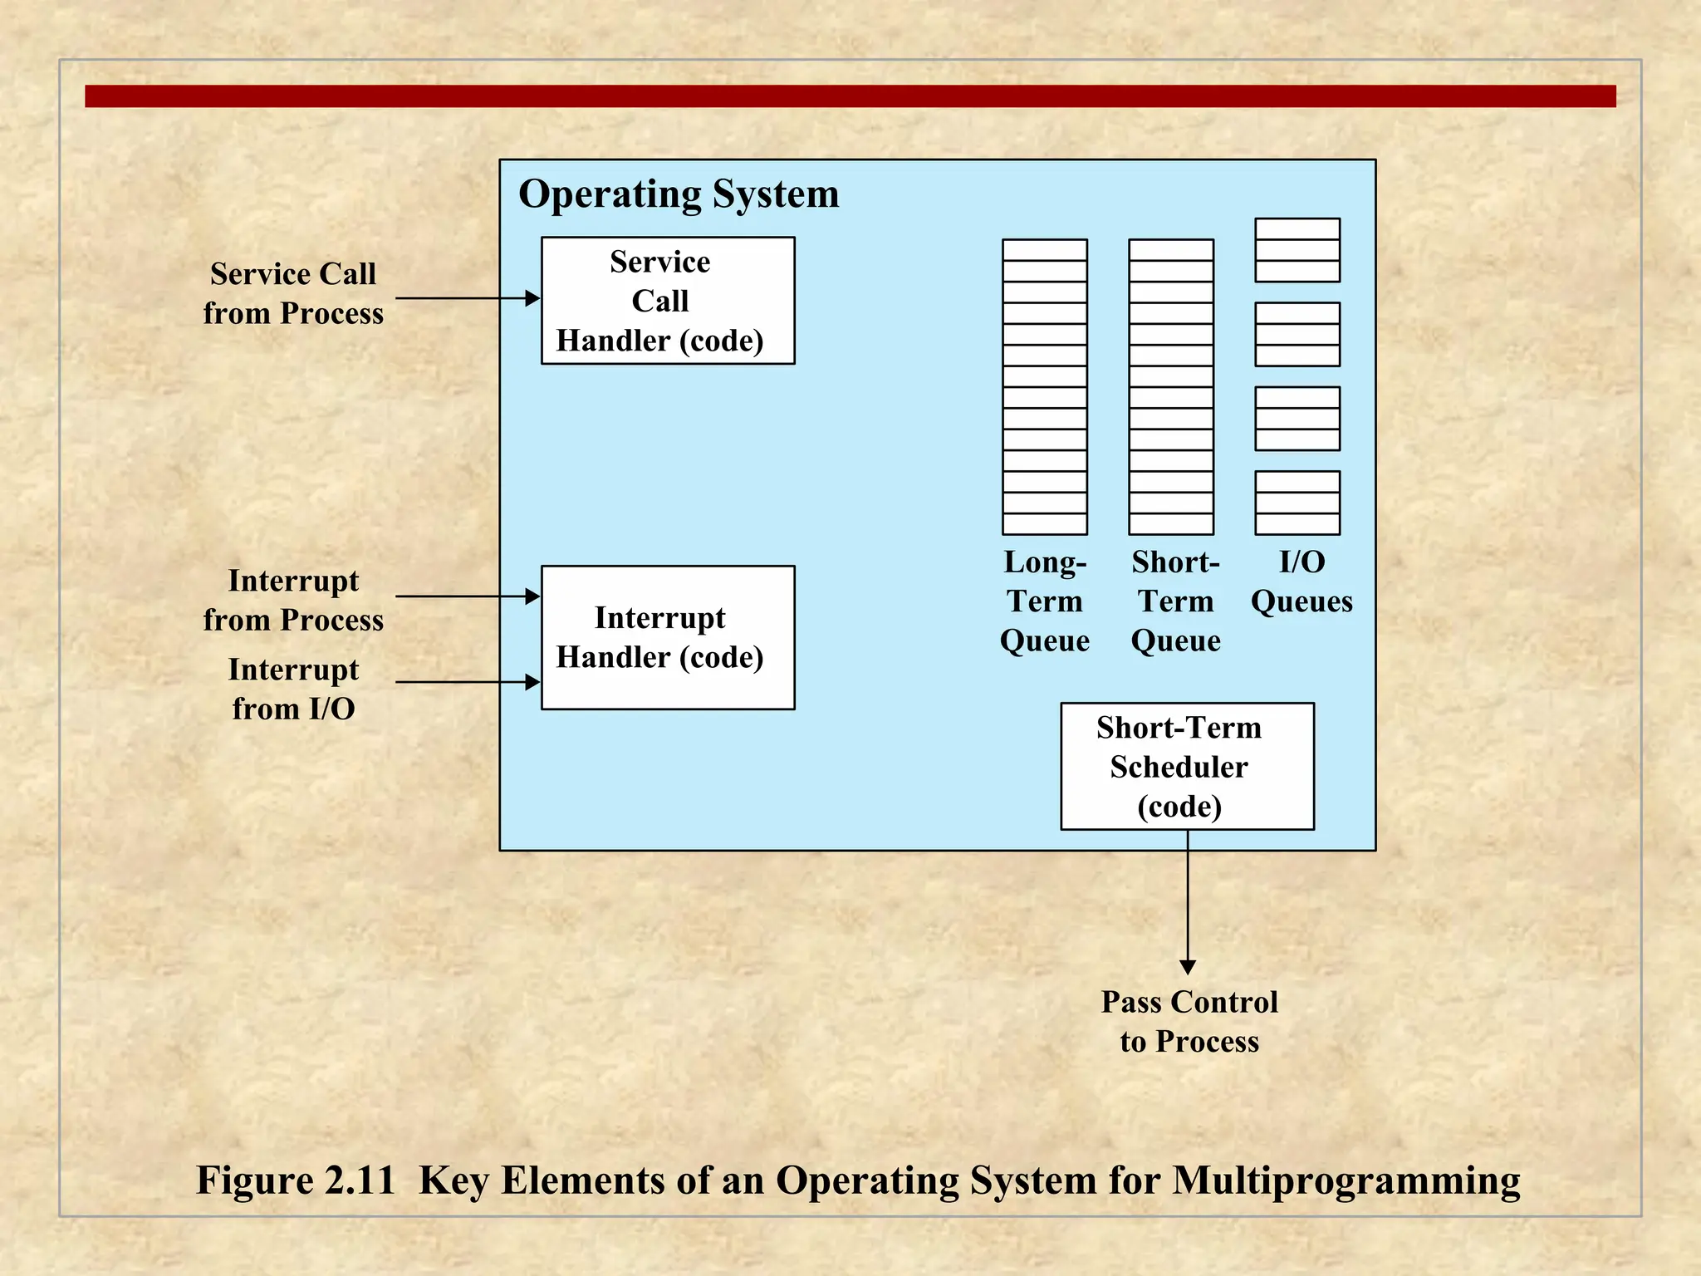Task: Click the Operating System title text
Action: [x=679, y=194]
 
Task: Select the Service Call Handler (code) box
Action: [x=668, y=301]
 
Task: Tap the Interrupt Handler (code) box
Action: [x=668, y=637]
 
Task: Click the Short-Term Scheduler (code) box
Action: [x=1187, y=766]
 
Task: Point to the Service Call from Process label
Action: [x=293, y=293]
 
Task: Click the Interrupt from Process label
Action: [x=293, y=600]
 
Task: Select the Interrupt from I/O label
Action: [x=293, y=689]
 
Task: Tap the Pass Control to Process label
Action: [x=1189, y=1021]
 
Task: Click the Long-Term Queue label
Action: [x=1045, y=601]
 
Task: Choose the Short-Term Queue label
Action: [x=1175, y=601]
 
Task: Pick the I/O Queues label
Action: [x=1301, y=582]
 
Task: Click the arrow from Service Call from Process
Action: [x=465, y=298]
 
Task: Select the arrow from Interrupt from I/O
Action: [x=465, y=682]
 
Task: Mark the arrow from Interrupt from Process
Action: [x=465, y=596]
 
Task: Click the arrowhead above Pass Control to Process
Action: [x=1188, y=967]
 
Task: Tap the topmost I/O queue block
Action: [x=1297, y=250]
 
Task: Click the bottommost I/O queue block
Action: [x=1297, y=503]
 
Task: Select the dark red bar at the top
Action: [x=850, y=96]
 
